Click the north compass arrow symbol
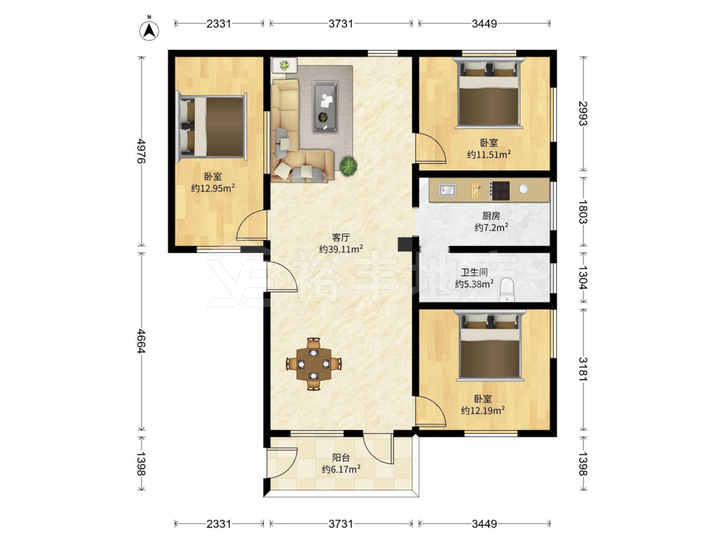149,29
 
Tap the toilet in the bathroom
507,289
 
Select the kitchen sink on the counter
447,189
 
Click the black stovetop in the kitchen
500,191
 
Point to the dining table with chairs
314,363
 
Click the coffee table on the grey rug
325,107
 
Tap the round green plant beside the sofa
348,165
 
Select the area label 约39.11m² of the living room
341,249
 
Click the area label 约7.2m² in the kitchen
492,227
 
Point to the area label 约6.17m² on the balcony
341,469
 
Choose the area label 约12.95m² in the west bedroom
212,188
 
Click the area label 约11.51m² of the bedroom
489,154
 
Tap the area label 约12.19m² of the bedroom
483,410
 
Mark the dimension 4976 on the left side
141,152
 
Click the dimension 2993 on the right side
583,113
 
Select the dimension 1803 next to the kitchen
583,211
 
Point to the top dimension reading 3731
341,23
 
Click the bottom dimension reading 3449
484,524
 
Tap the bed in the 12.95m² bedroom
211,126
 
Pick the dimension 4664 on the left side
141,341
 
